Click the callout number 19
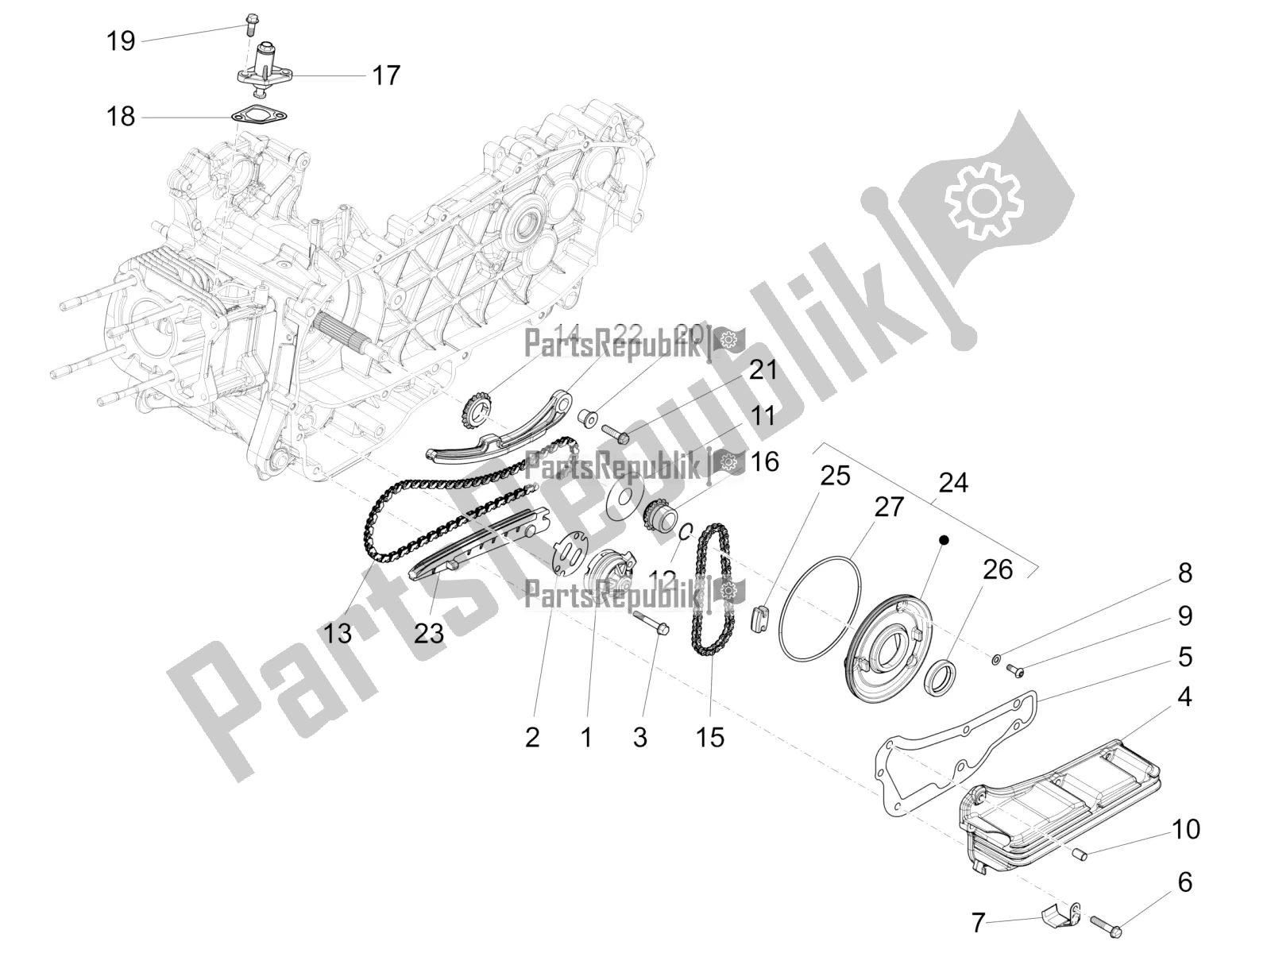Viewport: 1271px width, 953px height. (x=121, y=41)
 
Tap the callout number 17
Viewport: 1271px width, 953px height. (x=386, y=76)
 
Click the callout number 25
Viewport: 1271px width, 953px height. (x=835, y=476)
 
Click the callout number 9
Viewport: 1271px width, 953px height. (x=1184, y=615)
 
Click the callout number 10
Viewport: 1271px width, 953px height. (x=1184, y=829)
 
